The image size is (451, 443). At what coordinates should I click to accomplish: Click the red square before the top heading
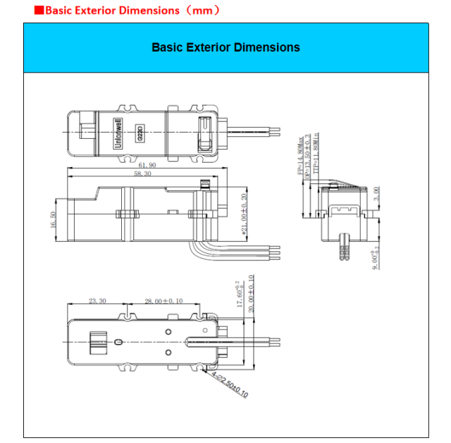pyautogui.click(x=39, y=11)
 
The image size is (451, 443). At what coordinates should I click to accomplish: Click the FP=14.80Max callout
pyautogui.click(x=300, y=154)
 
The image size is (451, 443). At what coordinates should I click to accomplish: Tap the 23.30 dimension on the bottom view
pyautogui.click(x=97, y=301)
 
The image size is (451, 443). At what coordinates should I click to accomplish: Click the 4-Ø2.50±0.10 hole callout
pyautogui.click(x=230, y=384)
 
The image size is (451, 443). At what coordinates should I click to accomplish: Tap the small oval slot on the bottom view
pyautogui.click(x=118, y=342)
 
